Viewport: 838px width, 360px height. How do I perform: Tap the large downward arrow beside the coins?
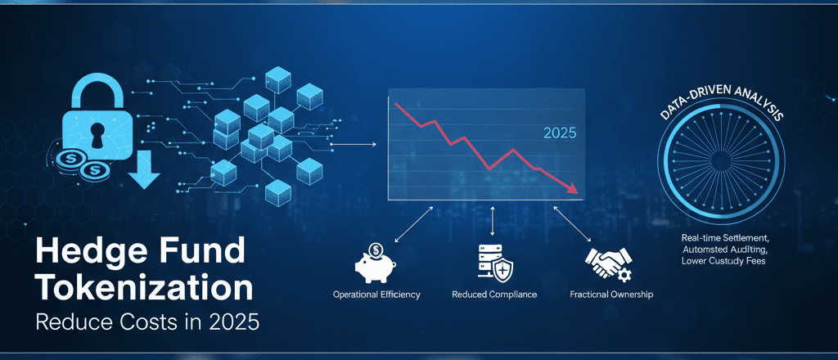coord(144,170)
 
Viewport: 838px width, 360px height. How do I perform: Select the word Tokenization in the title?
coord(144,289)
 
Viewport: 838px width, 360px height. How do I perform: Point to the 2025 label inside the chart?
coord(560,133)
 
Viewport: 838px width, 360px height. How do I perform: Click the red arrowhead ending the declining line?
coord(573,188)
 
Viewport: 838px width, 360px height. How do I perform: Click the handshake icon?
coord(609,263)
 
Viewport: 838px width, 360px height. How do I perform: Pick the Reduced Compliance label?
coord(494,295)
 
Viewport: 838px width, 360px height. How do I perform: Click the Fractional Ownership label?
coord(611,295)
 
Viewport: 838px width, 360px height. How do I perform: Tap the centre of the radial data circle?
coord(720,160)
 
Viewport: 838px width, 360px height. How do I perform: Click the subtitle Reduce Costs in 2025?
coord(147,322)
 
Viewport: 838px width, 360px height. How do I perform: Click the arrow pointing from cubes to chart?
coord(354,144)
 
